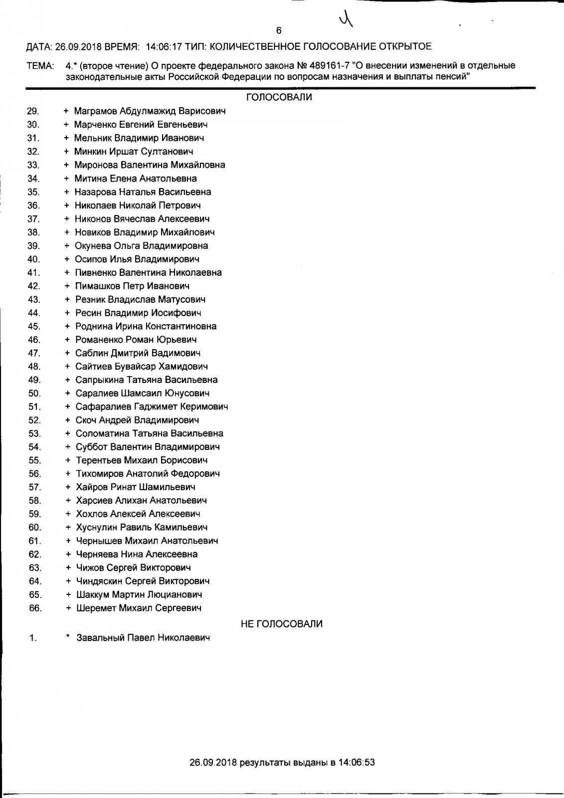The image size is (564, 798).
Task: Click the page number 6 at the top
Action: pyautogui.click(x=279, y=30)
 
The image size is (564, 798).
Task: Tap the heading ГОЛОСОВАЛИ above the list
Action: pyautogui.click(x=279, y=97)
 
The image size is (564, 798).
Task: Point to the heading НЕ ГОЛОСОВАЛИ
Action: pyautogui.click(x=281, y=624)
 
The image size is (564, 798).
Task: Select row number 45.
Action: pyautogui.click(x=34, y=326)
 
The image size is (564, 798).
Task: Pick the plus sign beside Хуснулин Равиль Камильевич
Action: pyautogui.click(x=68, y=527)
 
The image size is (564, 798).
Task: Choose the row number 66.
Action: pyautogui.click(x=35, y=608)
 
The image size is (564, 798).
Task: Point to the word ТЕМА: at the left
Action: pyautogui.click(x=40, y=66)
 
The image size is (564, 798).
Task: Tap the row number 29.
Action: pyautogui.click(x=33, y=111)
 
